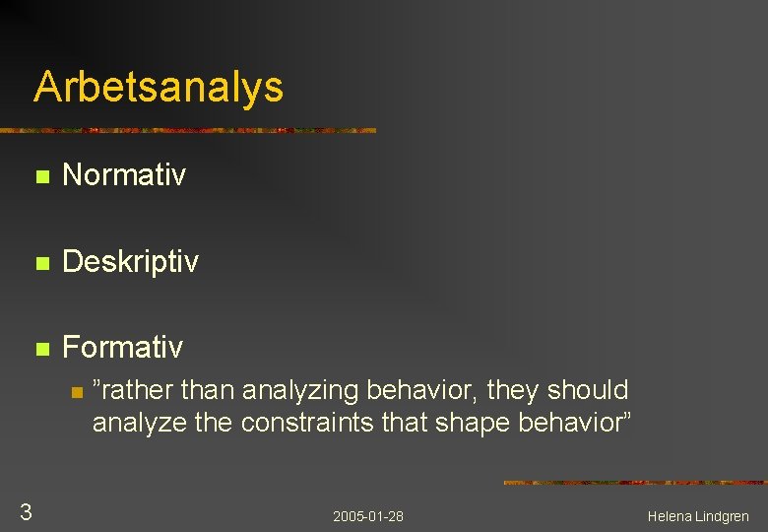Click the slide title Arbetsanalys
[x=159, y=87]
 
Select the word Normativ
[x=123, y=176]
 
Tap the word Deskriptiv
[x=130, y=262]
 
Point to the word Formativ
[x=122, y=347]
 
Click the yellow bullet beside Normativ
[x=40, y=178]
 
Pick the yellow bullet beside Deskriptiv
[x=40, y=264]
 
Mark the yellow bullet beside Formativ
[x=40, y=349]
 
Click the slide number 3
[x=27, y=511]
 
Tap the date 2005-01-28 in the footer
[x=368, y=516]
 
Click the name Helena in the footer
[x=670, y=516]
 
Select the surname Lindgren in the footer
[x=723, y=516]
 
